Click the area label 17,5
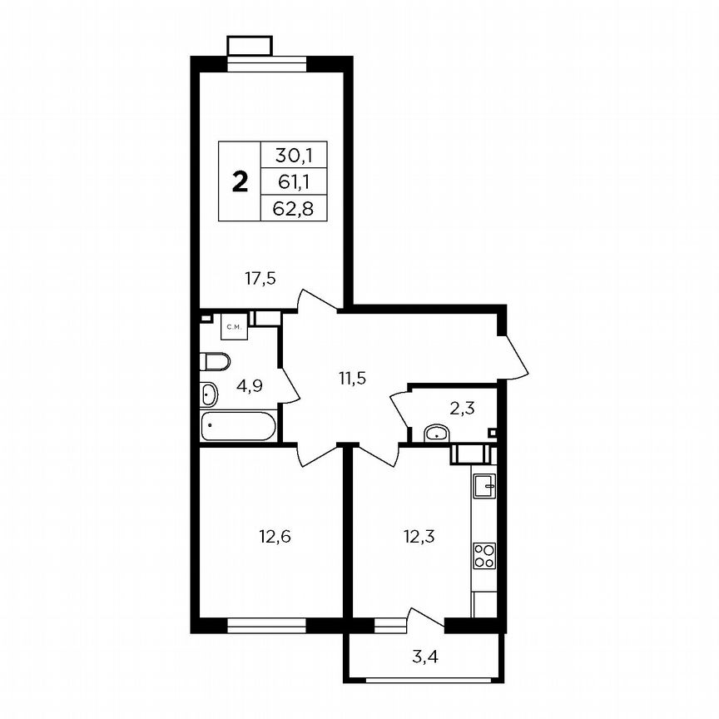tap(260, 279)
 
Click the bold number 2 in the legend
tap(240, 181)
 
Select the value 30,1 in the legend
tap(289, 154)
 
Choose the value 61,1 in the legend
tap(289, 181)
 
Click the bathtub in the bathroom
tap(238, 426)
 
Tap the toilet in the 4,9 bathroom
tap(216, 361)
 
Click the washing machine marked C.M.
tap(234, 327)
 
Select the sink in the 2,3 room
tap(437, 433)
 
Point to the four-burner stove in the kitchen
tap(483, 555)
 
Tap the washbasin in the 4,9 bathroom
tap(209, 394)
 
